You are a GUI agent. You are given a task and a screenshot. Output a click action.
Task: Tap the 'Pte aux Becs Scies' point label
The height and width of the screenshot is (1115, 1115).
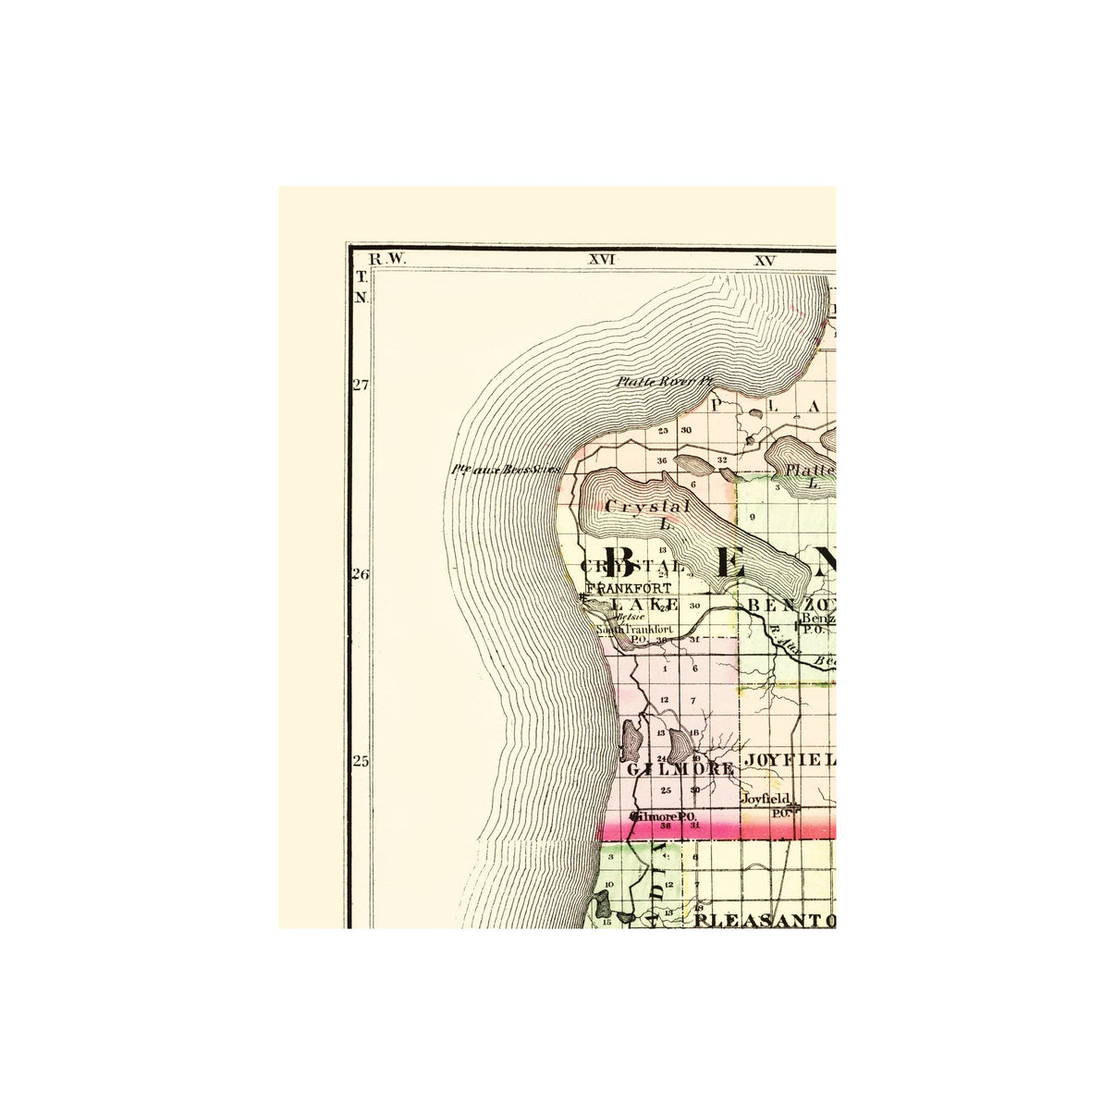pos(505,470)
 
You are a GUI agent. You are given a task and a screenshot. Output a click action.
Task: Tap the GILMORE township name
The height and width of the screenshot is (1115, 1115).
pos(680,768)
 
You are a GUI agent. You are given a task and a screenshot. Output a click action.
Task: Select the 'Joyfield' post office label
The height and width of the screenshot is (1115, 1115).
pos(764,797)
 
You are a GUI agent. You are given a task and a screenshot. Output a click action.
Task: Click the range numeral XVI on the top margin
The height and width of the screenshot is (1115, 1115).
pos(602,260)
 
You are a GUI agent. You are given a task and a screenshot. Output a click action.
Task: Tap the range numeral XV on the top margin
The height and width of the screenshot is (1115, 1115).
pos(764,260)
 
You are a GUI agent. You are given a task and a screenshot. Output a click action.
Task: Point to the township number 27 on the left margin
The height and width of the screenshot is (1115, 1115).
pos(360,385)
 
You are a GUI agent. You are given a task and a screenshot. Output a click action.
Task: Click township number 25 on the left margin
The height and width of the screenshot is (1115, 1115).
pos(360,762)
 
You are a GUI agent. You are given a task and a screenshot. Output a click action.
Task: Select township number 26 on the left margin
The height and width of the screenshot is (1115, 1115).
pos(360,575)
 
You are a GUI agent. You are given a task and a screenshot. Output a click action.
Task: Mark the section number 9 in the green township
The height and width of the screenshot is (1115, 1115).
pos(754,517)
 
